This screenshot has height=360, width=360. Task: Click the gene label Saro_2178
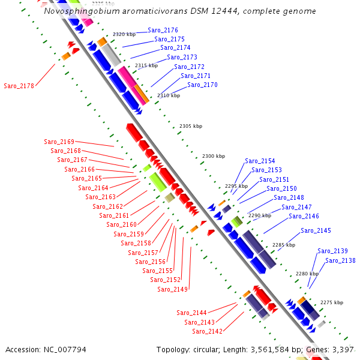pos(19,86)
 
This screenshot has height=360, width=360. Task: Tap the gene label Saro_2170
pos(202,85)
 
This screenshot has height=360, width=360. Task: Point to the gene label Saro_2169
pos(59,142)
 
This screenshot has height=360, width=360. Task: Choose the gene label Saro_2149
pos(173,289)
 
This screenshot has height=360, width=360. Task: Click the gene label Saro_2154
pos(260,161)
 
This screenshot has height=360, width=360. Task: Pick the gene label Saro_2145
pos(316,230)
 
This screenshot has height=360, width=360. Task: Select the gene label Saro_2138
pos(340,260)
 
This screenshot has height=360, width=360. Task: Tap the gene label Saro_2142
pos(207,331)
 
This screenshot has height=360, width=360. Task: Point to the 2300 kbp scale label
pos(213,156)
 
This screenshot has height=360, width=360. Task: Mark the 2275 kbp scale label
pos(332,302)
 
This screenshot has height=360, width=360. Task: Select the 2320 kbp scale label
pos(124,34)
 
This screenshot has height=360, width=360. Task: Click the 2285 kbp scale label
pos(283,245)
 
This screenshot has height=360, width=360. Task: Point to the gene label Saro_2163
pos(100,197)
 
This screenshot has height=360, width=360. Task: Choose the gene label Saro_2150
pos(281,188)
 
